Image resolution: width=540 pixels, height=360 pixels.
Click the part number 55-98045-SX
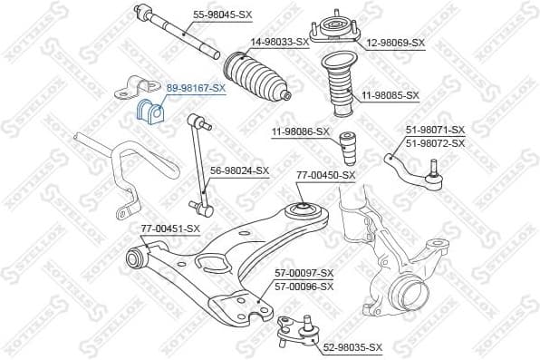(x=225, y=14)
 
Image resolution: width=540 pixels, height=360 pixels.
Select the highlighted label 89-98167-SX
(x=195, y=87)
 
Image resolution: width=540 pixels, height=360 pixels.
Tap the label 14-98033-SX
(x=280, y=42)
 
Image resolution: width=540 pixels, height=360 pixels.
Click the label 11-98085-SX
(x=391, y=94)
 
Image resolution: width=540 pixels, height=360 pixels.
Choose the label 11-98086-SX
(x=300, y=131)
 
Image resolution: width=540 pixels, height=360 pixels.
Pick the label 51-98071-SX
(x=435, y=131)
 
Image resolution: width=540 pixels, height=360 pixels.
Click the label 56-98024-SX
(x=240, y=170)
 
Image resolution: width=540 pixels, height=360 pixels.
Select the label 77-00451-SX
(x=169, y=229)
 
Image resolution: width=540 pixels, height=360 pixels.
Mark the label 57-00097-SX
(x=304, y=273)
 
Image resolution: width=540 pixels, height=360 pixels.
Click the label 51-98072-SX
(x=435, y=143)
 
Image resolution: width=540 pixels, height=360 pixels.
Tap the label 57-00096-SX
(x=304, y=286)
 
